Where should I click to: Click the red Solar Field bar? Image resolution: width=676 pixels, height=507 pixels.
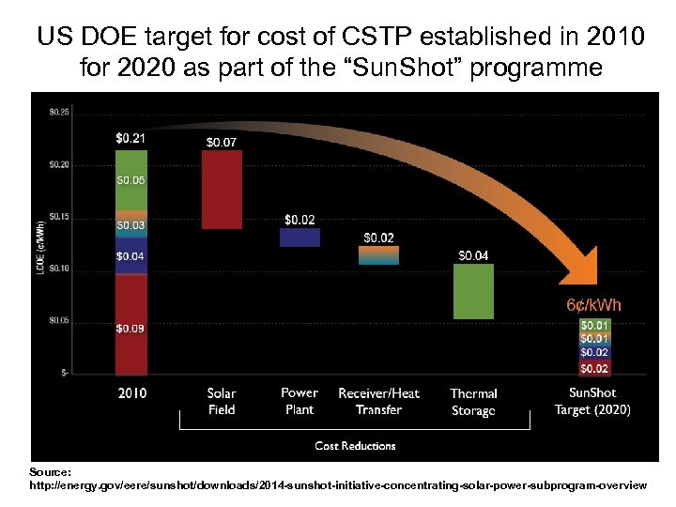(x=222, y=189)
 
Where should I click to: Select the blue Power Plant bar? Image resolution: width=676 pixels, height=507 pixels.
(x=300, y=237)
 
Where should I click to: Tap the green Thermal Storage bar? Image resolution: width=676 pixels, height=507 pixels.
(x=473, y=291)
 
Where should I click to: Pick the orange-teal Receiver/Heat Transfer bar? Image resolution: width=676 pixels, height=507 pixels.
(x=378, y=254)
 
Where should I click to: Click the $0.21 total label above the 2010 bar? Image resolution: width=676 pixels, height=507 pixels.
(x=131, y=138)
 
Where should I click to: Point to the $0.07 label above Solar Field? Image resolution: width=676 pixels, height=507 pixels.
(x=222, y=142)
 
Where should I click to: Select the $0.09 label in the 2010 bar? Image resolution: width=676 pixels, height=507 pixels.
(x=131, y=329)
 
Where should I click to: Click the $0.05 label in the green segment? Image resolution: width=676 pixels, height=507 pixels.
(x=131, y=178)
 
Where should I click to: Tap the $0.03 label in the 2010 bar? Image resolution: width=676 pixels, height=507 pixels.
(x=131, y=225)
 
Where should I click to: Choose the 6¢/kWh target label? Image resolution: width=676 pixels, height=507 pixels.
(x=593, y=306)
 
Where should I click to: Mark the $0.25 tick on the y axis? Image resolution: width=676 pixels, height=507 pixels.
(x=58, y=113)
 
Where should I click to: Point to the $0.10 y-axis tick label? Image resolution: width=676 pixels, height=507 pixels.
(x=58, y=269)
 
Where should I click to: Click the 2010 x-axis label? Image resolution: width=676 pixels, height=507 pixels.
(x=131, y=393)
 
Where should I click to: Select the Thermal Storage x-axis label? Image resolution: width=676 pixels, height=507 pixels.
(x=473, y=402)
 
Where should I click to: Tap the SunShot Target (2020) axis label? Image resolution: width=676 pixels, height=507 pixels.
(x=592, y=402)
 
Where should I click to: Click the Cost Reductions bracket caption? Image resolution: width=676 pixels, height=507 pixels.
(x=355, y=446)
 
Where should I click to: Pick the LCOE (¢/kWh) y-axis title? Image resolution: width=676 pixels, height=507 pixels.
(x=39, y=242)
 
